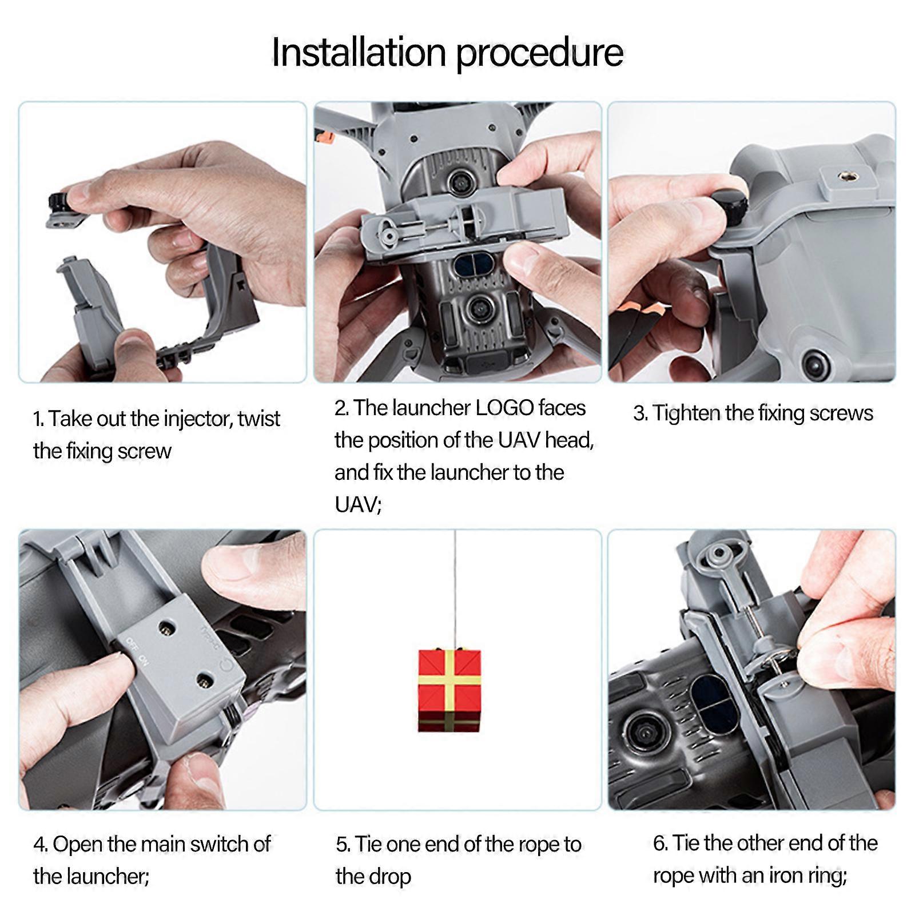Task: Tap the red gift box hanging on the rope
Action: [x=449, y=690]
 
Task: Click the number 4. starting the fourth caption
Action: [x=40, y=845]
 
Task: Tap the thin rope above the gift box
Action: [x=455, y=589]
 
